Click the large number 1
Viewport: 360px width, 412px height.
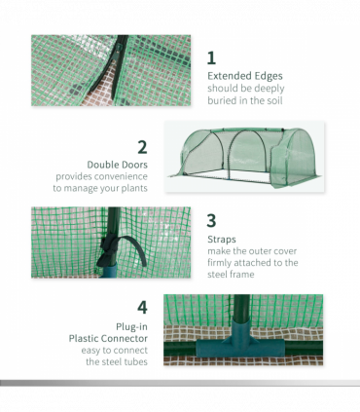coord(212,57)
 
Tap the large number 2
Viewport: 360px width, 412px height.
coord(142,147)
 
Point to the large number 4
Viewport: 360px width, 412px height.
coord(142,307)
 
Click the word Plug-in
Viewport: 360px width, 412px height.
coord(129,325)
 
